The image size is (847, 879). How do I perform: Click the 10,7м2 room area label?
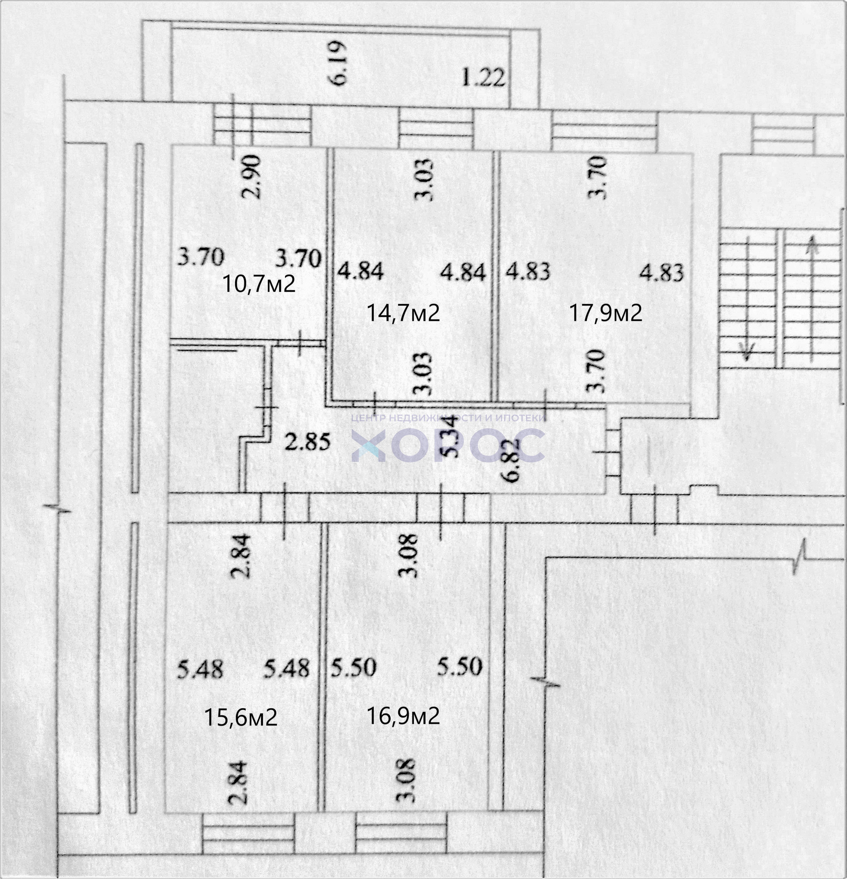(x=259, y=284)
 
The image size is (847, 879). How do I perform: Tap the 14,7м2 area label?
(x=403, y=313)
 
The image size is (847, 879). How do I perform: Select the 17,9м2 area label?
(x=606, y=313)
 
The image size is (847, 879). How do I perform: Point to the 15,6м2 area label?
(x=240, y=718)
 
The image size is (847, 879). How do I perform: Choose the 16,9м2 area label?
(x=403, y=716)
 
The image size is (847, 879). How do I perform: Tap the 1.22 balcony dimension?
(x=483, y=77)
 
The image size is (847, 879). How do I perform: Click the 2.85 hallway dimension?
(x=308, y=442)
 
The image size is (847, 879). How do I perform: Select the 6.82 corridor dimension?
(x=512, y=460)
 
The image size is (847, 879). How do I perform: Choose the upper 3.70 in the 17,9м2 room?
(x=600, y=177)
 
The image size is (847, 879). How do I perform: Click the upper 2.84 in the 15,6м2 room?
(x=242, y=556)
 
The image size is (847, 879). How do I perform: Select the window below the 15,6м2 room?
(x=248, y=834)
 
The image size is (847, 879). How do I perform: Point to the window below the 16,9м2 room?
(x=401, y=834)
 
